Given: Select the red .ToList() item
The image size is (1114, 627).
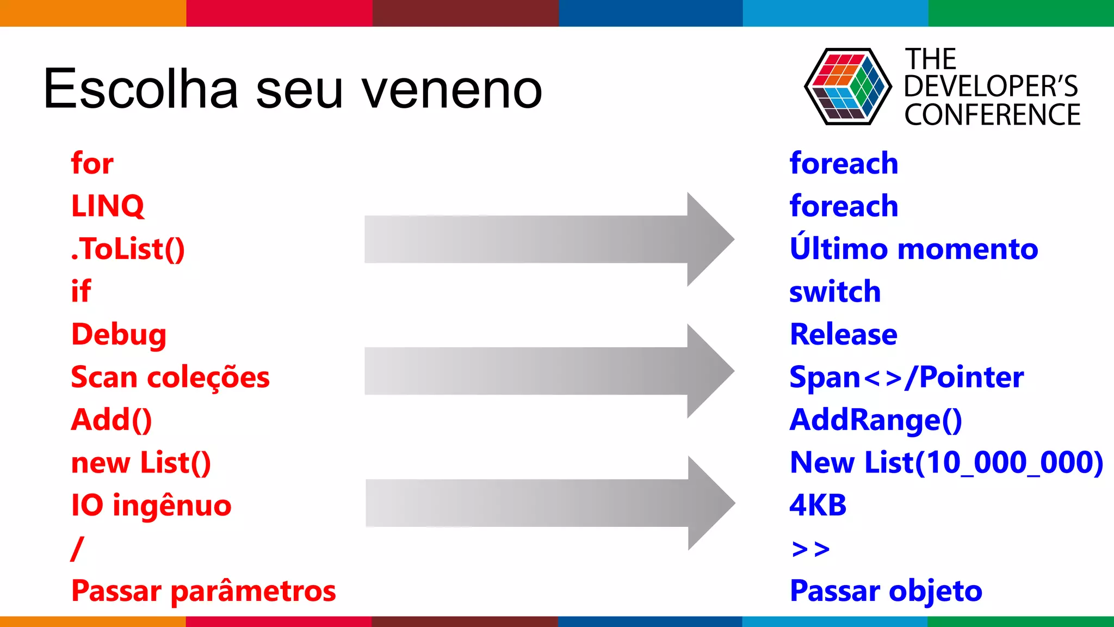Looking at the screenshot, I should coord(128,249).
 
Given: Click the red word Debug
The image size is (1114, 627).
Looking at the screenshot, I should coord(119,334).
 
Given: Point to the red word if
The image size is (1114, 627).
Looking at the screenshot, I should coord(81,291).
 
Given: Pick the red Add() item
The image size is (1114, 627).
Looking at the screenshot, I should coord(112,420).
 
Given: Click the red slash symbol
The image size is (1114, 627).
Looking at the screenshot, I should coord(77,548).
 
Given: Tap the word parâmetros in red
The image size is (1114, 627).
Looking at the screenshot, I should coord(253,591).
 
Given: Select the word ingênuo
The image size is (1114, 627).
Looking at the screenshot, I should coord(172,506).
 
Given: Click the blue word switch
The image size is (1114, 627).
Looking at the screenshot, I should coord(835,292).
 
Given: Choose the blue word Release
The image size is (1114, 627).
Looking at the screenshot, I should coord(844,334).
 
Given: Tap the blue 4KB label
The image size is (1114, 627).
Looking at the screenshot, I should coord(818,505).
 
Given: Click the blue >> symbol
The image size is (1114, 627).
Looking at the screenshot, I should coord(810,549).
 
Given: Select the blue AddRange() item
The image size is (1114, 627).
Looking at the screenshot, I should coord(876,420).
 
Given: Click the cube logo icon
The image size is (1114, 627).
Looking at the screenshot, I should coord(847,87).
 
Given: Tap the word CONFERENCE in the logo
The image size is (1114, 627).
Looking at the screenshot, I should coord(992,115).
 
